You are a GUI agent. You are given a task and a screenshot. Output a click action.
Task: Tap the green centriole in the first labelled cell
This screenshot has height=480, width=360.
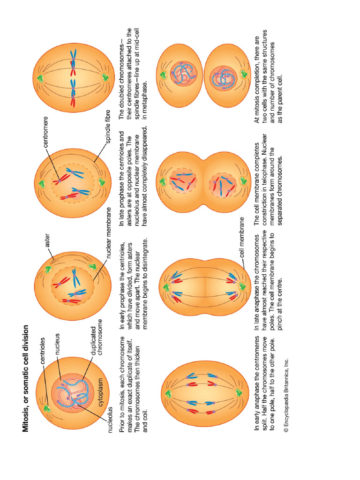pyautogui.click(x=47, y=407)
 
